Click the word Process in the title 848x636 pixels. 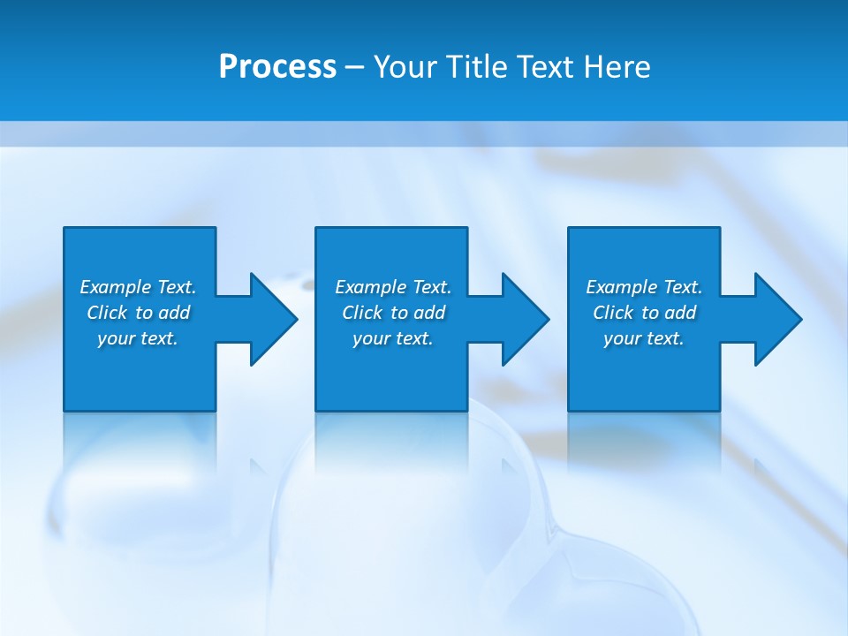[x=277, y=67]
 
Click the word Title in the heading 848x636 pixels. [x=473, y=67]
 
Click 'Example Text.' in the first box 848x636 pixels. [x=138, y=287]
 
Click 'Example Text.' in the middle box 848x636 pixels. [x=393, y=287]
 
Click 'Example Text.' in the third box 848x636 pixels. [x=644, y=287]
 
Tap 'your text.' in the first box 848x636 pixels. [x=138, y=338]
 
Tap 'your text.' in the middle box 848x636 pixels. [x=393, y=338]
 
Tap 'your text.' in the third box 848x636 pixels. [x=644, y=338]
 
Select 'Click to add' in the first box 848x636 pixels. [x=138, y=313]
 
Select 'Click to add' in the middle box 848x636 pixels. [x=393, y=313]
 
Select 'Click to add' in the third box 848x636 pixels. [x=644, y=313]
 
